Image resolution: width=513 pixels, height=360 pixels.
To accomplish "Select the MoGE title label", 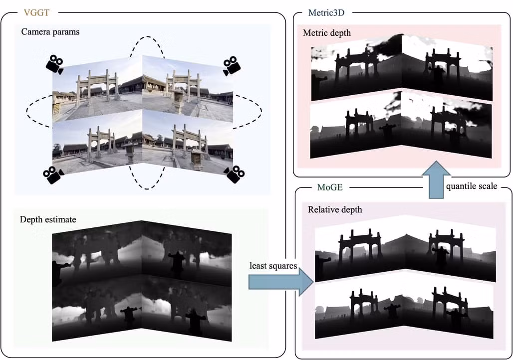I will click(330, 188).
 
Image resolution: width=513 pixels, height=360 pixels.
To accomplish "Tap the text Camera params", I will click(50, 32).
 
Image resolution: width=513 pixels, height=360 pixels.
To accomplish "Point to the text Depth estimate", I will click(48, 219).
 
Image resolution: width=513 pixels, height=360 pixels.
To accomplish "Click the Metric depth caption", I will click(327, 33).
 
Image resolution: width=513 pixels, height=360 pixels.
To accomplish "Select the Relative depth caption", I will click(335, 209).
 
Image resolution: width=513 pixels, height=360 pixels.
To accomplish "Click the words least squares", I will click(273, 266).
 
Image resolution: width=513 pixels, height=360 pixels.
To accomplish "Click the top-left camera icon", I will click(55, 64).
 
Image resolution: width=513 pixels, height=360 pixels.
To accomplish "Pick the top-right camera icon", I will click(232, 65).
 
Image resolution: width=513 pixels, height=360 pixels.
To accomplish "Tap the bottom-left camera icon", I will click(53, 174).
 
